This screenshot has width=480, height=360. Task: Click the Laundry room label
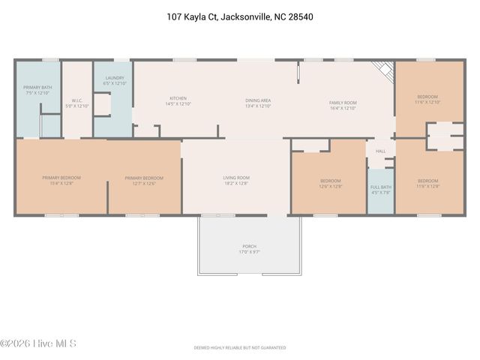pyautogui.click(x=115, y=80)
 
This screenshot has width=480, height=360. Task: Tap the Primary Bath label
pyautogui.click(x=36, y=90)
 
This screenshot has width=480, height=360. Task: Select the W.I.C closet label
pyautogui.click(x=76, y=103)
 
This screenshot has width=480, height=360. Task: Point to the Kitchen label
pyautogui.click(x=178, y=100)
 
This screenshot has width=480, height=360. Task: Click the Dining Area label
pyautogui.click(x=257, y=103)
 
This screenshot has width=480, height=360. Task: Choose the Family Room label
pyautogui.click(x=343, y=105)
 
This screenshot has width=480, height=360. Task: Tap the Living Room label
pyautogui.click(x=235, y=180)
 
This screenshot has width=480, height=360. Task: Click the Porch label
pyautogui.click(x=249, y=248)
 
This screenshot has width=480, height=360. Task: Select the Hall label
pyautogui.click(x=380, y=151)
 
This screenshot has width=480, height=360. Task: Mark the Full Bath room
pyautogui.click(x=380, y=189)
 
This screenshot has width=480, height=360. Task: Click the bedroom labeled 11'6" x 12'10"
pyautogui.click(x=427, y=100)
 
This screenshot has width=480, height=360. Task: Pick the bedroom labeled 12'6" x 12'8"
pyautogui.click(x=330, y=183)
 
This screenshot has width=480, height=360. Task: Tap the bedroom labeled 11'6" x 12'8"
pyautogui.click(x=427, y=183)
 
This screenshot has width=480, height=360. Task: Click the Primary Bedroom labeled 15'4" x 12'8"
pyautogui.click(x=61, y=180)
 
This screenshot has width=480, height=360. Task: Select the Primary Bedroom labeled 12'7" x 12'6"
pyautogui.click(x=144, y=180)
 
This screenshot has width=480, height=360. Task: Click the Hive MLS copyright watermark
pyautogui.click(x=39, y=344)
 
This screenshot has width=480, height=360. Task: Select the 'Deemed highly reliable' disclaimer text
pyautogui.click(x=240, y=348)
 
